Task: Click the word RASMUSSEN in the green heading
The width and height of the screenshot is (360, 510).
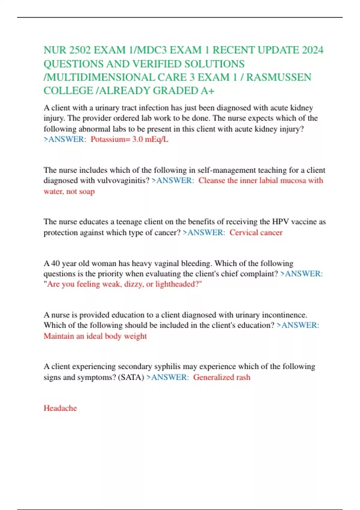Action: pos(279,77)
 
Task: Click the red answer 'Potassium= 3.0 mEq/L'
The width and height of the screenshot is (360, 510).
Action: pos(129,139)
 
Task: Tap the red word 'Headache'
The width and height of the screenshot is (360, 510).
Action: pos(60,408)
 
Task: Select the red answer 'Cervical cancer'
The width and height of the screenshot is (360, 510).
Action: pos(256,232)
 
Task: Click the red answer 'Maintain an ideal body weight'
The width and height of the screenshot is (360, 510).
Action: pos(95,336)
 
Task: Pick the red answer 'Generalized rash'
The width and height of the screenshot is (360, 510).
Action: pos(221,377)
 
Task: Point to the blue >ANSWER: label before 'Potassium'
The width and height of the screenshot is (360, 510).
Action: pos(65,139)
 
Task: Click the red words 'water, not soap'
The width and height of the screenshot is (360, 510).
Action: pos(69,191)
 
